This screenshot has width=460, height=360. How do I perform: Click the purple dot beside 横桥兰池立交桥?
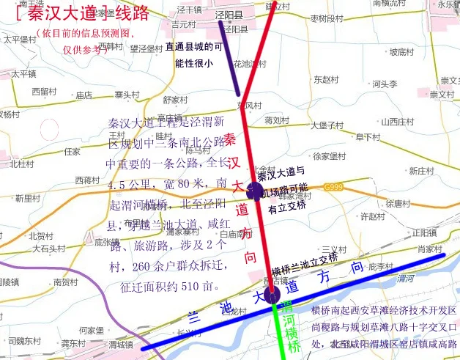272,295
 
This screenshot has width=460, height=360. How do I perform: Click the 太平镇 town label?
23,73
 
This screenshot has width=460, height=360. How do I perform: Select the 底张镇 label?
107,242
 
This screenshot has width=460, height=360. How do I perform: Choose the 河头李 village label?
385,84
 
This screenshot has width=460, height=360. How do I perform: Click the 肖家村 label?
430,249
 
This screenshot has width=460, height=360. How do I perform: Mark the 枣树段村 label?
327,17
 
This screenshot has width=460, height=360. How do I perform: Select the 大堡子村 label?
328,125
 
